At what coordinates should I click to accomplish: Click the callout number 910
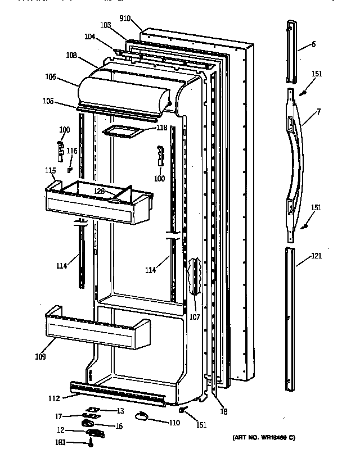coord(125,19)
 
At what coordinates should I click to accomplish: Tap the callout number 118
coord(161,128)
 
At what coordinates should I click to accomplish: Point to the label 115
coord(51,170)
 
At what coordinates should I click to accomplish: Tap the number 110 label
coord(175,422)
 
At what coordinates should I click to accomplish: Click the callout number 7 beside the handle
coord(318,112)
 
